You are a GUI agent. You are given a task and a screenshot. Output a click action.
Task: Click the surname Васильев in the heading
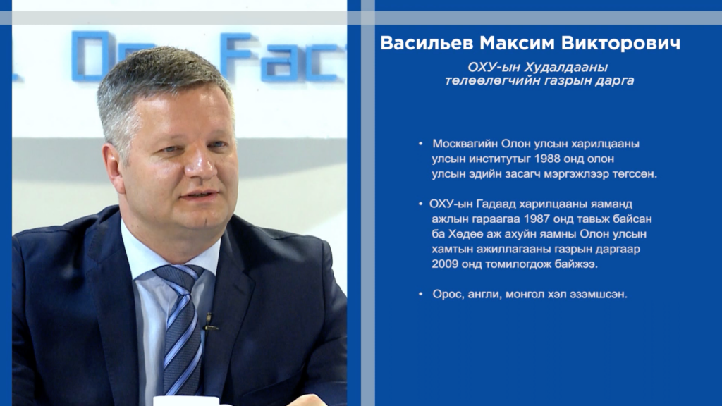click(x=427, y=43)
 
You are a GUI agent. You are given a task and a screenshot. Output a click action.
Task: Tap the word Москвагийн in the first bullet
click(x=465, y=144)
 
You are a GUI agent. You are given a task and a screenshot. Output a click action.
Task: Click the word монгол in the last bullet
click(x=525, y=294)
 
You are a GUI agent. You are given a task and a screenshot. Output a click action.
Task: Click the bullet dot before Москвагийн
click(x=420, y=144)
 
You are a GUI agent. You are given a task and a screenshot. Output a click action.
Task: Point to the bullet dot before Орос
click(x=420, y=294)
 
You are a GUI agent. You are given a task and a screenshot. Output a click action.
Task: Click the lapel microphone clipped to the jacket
click(x=209, y=322)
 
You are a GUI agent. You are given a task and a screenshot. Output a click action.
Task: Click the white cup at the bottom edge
click(x=186, y=400)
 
